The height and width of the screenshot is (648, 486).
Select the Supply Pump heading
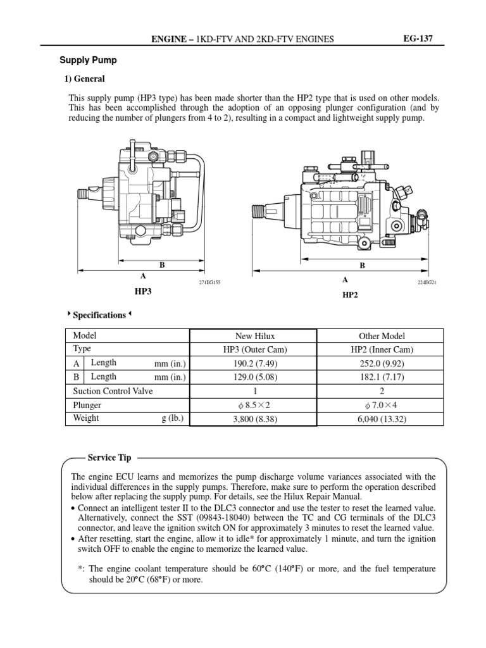(88, 61)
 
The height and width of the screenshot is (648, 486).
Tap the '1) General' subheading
(84, 79)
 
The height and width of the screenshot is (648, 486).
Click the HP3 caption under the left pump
(143, 291)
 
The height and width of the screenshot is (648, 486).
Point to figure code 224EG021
(421, 281)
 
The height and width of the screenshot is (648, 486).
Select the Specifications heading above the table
(99, 315)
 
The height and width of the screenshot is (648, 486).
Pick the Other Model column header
(382, 336)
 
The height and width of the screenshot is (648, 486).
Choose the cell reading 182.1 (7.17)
(382, 377)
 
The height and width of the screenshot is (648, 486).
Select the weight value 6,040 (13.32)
(382, 419)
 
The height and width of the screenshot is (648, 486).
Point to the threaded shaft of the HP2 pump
(262, 209)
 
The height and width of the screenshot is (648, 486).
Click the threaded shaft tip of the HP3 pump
(81, 192)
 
